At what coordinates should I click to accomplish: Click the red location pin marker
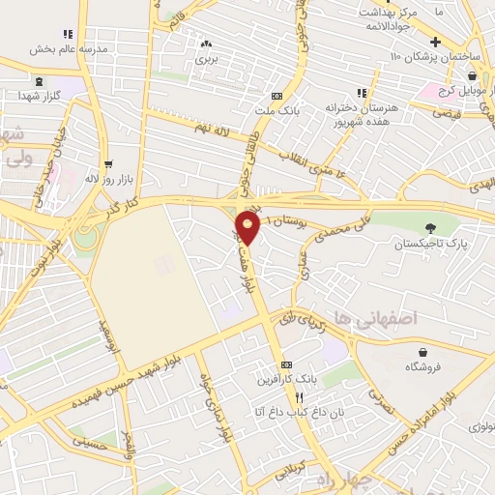click(248, 229)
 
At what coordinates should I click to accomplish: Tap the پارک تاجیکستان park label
click(430, 246)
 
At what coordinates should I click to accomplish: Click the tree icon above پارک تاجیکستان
click(430, 228)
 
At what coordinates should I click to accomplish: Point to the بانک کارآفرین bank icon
click(285, 364)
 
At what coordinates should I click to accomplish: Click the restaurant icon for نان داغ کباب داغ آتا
click(300, 397)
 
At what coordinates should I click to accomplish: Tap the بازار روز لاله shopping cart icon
click(108, 163)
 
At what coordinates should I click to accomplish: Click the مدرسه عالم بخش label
click(68, 48)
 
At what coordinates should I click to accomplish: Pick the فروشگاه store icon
click(422, 351)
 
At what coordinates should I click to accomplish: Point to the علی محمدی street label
click(337, 226)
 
